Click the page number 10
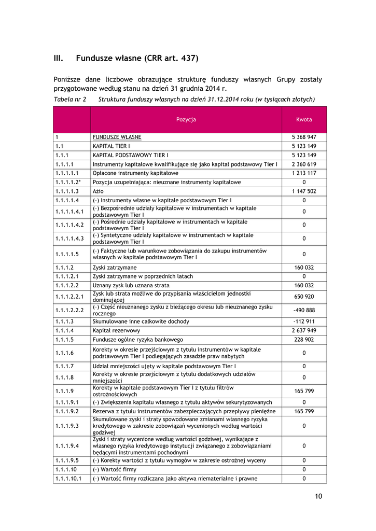pos(318,496)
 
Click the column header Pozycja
pos(186,119)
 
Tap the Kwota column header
pos(304,119)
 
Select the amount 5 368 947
pos(304,137)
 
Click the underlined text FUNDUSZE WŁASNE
pos(117,137)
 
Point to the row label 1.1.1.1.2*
pos(69,182)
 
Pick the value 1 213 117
pos(304,173)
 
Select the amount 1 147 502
pos(304,191)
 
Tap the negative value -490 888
pos(304,310)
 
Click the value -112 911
pos(304,322)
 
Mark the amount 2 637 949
pos(304,330)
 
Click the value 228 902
pos(304,340)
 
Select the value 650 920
pos(304,296)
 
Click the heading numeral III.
pos(59,58)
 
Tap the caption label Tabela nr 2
pos(70,99)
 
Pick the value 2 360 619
pos(304,164)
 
